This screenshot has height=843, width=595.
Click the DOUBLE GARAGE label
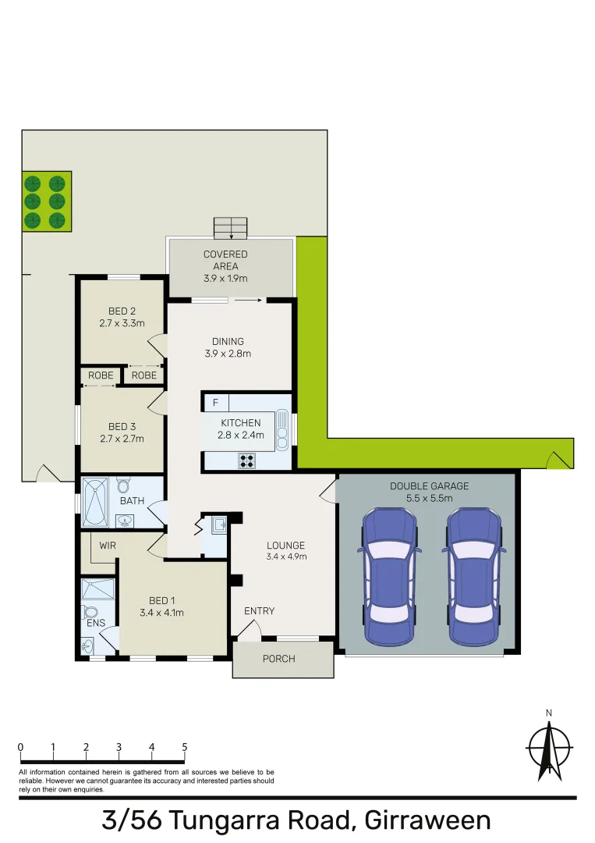(430, 486)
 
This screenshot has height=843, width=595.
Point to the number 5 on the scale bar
(185, 747)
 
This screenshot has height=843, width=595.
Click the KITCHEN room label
(242, 423)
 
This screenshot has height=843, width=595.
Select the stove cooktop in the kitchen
(247, 461)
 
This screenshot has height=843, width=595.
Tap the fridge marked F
(216, 404)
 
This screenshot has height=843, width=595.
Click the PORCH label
(278, 659)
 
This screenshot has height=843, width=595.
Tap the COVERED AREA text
(225, 260)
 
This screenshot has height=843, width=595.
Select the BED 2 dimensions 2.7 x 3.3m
(122, 322)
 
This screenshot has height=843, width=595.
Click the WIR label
(108, 546)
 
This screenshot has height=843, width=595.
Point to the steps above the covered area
(230, 228)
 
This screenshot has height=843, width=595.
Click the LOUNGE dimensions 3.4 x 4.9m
(286, 557)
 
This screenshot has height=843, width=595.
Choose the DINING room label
(228, 341)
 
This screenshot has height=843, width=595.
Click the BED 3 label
(122, 426)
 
